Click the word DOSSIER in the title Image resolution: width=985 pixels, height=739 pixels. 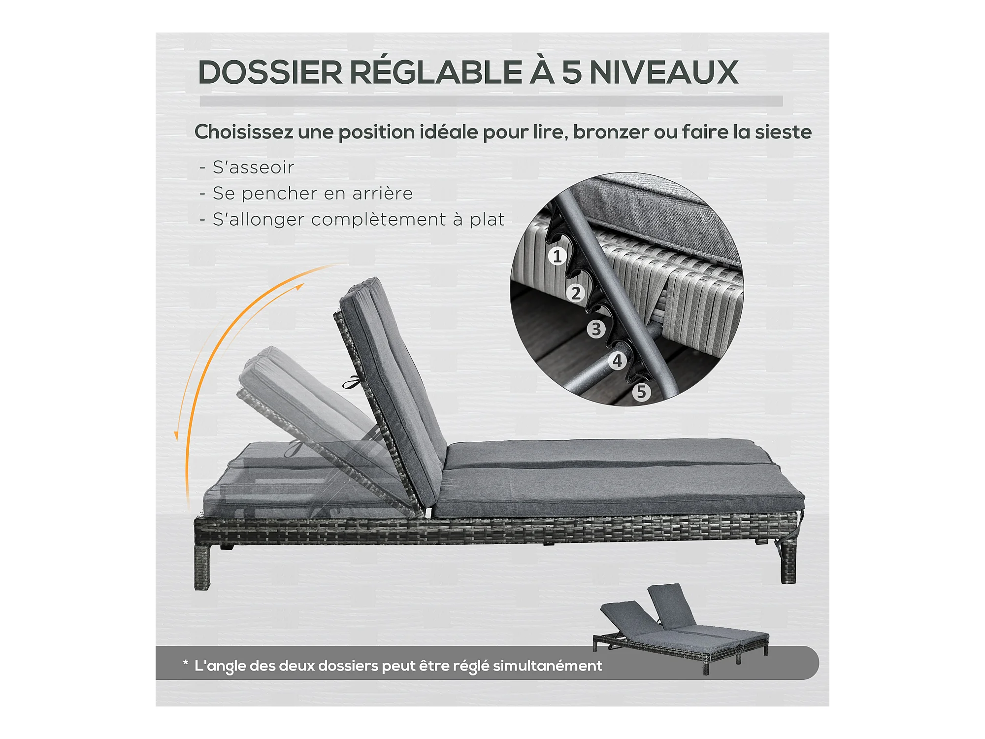270,72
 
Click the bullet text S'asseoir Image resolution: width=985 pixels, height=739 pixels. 253,168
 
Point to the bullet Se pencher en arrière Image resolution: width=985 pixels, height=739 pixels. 312,193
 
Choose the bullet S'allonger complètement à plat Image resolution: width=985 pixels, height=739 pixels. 359,220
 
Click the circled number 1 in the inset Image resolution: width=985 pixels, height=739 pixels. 558,256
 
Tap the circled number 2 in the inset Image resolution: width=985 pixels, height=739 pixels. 576,293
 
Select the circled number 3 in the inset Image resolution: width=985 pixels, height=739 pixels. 596,329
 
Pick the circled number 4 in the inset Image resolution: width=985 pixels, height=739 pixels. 617,361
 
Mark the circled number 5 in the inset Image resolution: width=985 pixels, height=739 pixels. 641,392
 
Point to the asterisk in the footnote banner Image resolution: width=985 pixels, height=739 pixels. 185,663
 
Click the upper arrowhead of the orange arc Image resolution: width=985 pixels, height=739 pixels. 298,287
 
